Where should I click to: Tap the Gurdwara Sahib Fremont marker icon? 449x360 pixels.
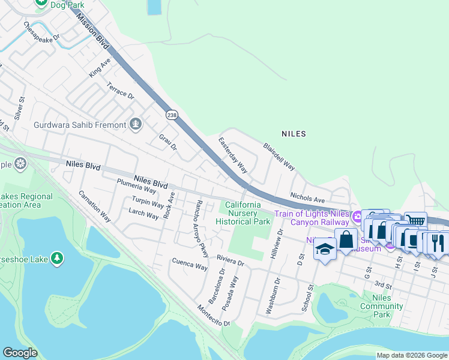pyautogui.click(x=136, y=124)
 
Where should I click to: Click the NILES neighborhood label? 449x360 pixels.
pyautogui.click(x=293, y=134)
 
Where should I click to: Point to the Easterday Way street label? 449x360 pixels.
pyautogui.click(x=233, y=155)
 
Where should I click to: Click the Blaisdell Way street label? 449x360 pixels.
pyautogui.click(x=279, y=156)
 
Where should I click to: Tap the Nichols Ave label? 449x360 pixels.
pyautogui.click(x=307, y=196)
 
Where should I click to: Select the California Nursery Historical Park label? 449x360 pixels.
pyautogui.click(x=243, y=213)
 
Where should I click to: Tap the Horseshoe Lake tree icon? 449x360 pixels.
pyautogui.click(x=57, y=258)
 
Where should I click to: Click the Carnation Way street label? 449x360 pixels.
pyautogui.click(x=95, y=206)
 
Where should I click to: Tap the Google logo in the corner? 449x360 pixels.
pyautogui.click(x=20, y=353)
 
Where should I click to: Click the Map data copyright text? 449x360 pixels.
pyautogui.click(x=411, y=355)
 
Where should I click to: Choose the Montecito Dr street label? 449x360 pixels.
pyautogui.click(x=214, y=315)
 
